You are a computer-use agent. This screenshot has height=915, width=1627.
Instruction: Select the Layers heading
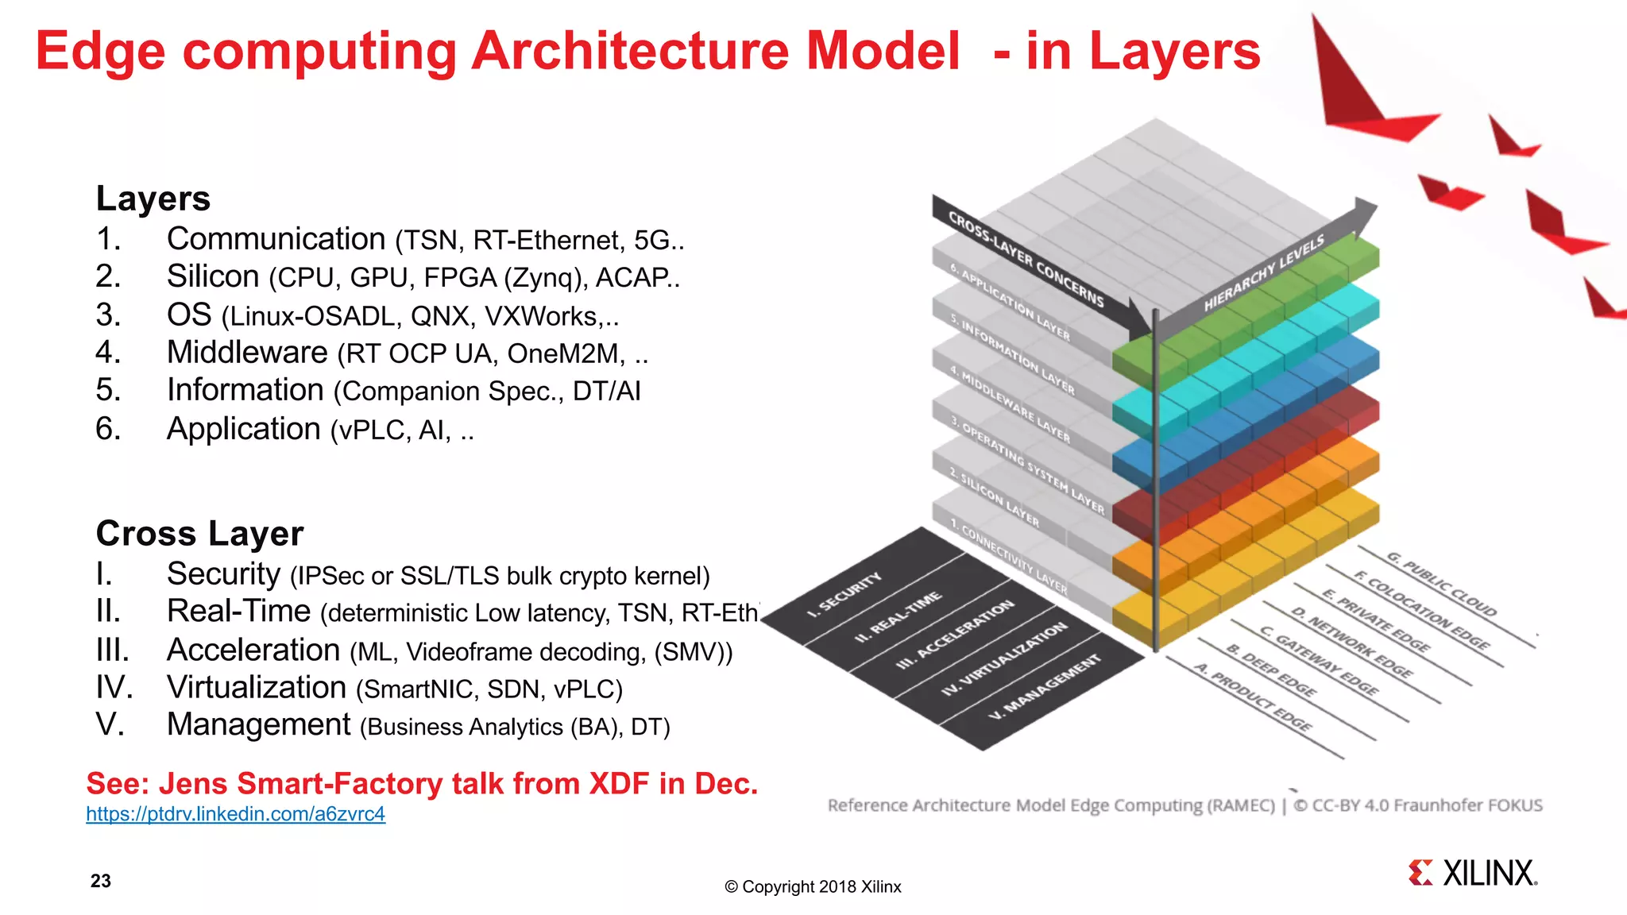[153, 199]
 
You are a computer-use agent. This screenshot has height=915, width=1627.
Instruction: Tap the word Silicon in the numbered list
[213, 276]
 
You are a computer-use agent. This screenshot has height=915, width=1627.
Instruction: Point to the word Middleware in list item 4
[247, 352]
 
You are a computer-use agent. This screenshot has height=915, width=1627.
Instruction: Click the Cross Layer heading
[199, 534]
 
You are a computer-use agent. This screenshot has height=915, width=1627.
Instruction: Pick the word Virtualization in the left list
[256, 687]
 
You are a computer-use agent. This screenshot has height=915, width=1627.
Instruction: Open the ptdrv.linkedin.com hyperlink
[235, 814]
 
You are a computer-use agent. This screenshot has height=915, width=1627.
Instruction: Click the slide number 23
[101, 881]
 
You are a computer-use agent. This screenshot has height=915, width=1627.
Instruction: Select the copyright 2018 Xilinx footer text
[813, 887]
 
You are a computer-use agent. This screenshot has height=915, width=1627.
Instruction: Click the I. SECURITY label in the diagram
[844, 596]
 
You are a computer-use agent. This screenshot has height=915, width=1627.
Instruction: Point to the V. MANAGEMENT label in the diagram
[1045, 688]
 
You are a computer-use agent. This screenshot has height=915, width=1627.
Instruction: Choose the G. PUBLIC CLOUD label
[1442, 585]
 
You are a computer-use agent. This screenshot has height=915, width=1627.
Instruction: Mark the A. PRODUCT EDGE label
[1254, 697]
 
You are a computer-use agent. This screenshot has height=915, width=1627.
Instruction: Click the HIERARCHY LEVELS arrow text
[1264, 272]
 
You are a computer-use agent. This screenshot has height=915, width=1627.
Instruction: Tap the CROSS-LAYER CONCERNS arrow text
[1026, 259]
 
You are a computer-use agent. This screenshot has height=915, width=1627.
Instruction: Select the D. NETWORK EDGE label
[1351, 643]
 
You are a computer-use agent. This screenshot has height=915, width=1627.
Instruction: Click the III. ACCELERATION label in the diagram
[955, 635]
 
